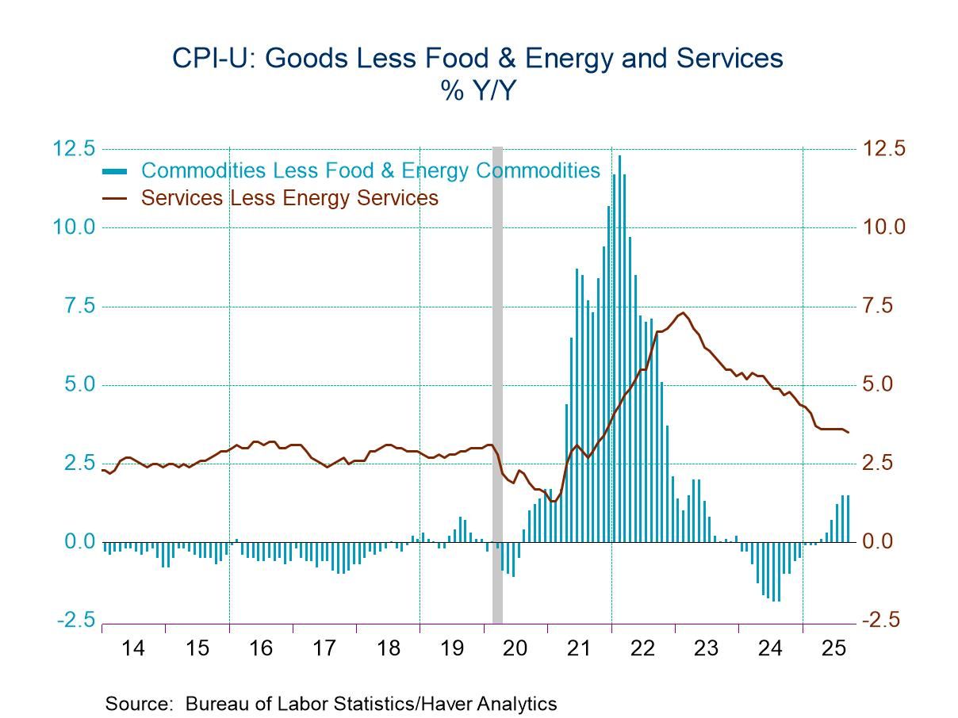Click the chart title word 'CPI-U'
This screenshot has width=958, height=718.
(207, 59)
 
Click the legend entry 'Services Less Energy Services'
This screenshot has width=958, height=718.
(289, 197)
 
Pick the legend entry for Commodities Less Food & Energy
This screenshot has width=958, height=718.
(370, 170)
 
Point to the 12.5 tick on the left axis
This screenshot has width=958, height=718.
(75, 149)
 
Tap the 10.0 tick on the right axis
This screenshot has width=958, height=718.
(883, 227)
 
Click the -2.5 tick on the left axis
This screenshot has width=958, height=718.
(75, 621)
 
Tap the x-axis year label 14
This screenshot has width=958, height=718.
(133, 648)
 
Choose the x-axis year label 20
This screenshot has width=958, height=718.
(515, 648)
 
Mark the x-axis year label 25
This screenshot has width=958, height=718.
(834, 648)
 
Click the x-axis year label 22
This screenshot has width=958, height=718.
(643, 648)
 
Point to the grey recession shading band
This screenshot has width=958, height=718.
(498, 380)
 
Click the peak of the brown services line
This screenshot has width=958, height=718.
(683, 313)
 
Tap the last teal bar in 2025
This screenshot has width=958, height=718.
(848, 519)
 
